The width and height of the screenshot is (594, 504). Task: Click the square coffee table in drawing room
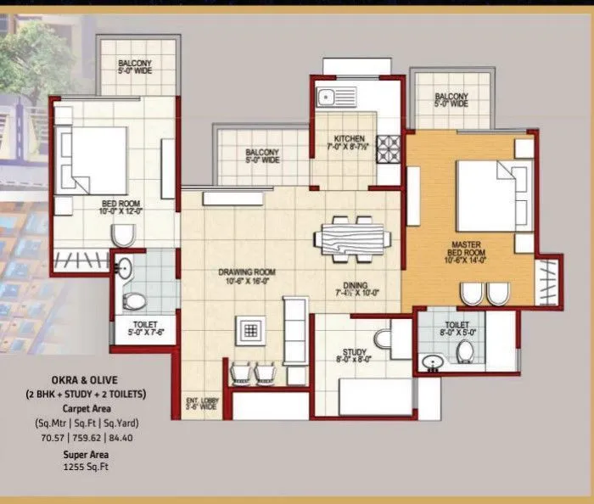point(250,332)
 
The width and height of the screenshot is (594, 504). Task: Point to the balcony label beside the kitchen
point(262,156)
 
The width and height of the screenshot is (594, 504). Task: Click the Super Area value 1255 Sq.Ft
point(84,467)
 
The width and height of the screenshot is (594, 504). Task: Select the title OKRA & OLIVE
point(85,381)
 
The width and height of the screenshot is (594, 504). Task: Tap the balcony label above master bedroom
point(451,100)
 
